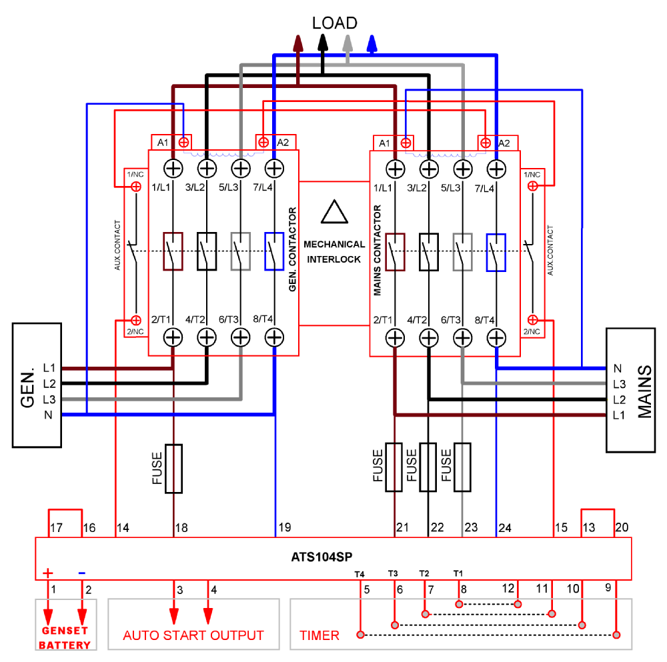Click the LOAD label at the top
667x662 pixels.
point(334,23)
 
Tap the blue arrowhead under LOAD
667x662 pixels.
point(373,43)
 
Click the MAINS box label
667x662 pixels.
point(644,391)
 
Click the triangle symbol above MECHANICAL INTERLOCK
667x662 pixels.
point(334,211)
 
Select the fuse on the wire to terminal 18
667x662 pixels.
point(173,468)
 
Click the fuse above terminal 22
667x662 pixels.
point(428,467)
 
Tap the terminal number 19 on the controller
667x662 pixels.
point(284,528)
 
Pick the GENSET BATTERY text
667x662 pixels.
point(65,638)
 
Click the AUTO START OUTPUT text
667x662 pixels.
point(193,635)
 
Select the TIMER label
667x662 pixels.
point(319,635)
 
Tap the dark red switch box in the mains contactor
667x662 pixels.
point(396,252)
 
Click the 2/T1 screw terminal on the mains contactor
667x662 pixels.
point(396,338)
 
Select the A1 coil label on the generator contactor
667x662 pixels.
point(163,142)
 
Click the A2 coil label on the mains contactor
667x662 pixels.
point(504,143)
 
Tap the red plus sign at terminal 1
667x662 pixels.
point(48,573)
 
